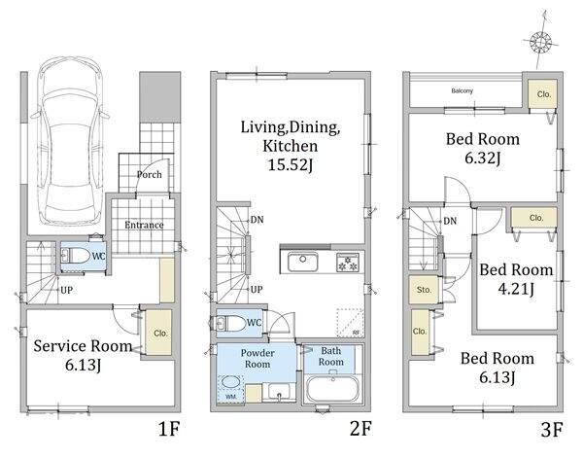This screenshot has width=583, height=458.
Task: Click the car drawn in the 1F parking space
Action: coord(70,141)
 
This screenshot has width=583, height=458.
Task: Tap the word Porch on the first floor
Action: coord(149,174)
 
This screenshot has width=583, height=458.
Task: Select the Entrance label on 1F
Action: coord(144,225)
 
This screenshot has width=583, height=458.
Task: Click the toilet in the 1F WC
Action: coord(76,256)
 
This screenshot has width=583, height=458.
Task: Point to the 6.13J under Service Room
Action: coord(83,365)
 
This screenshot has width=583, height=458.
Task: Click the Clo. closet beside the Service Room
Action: coord(158,333)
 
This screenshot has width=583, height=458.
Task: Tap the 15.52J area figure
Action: coord(291,164)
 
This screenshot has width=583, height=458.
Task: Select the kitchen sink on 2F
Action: coord(302,262)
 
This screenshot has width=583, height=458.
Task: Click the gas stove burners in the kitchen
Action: coord(348,262)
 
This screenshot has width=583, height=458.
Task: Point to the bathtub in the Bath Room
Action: coord(332,388)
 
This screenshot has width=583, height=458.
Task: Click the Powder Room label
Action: coord(257,358)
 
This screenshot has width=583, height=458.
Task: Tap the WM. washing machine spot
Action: coord(231,389)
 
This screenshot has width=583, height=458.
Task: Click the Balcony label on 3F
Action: coord(463,90)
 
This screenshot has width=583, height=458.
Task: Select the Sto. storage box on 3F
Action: coord(424,290)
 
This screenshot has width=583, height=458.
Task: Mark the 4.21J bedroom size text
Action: coord(516,289)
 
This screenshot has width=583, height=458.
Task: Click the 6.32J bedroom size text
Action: coord(483,158)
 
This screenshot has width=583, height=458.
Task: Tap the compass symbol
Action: coord(540,41)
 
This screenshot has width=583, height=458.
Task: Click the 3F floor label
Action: coord(551,430)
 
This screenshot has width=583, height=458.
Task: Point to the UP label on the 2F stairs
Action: coord(257,290)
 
